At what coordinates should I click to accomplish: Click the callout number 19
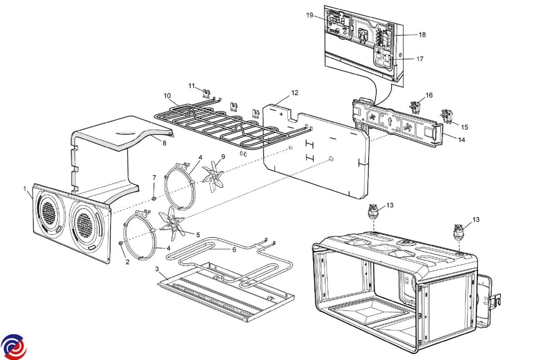[310, 15]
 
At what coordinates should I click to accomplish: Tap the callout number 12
[295, 93]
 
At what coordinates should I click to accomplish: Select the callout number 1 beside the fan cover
[25, 189]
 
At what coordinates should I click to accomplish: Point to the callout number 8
[164, 143]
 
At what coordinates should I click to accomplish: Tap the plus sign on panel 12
[281, 114]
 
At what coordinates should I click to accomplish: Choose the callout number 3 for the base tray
[157, 269]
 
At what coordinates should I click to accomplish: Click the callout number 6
[234, 250]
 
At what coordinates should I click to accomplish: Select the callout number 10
[167, 96]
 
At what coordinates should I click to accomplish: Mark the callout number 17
[419, 59]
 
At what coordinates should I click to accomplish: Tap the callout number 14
[461, 140]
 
